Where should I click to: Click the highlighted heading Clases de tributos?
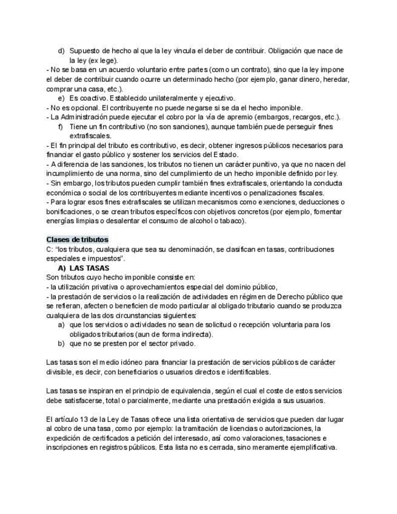point(77,239)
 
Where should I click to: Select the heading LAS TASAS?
point(89,268)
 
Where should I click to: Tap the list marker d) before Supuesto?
point(61,51)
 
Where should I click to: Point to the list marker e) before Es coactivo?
point(61,98)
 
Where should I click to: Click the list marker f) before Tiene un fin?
point(61,127)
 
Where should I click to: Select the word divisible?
point(61,372)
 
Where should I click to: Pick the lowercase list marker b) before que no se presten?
point(61,343)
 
